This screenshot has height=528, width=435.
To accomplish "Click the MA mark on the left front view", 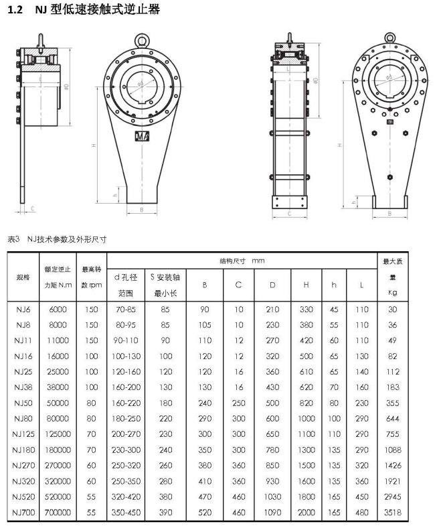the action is [x=142, y=136].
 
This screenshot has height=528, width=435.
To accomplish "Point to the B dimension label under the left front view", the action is [x=142, y=210].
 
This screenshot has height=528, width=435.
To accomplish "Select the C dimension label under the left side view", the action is [x=32, y=209].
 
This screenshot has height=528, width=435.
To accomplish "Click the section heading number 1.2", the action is [x=15, y=10].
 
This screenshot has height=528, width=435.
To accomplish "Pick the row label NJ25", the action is [x=23, y=372].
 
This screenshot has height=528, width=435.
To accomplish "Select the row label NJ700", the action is [x=23, y=513].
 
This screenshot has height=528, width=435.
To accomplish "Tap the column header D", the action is [x=272, y=285].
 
